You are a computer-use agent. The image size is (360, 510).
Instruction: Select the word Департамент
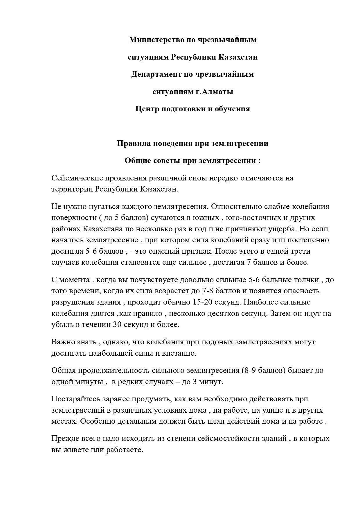tap(156, 74)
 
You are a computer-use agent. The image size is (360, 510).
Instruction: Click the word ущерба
tap(281, 229)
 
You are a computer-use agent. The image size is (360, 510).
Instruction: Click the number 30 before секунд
tap(117, 324)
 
